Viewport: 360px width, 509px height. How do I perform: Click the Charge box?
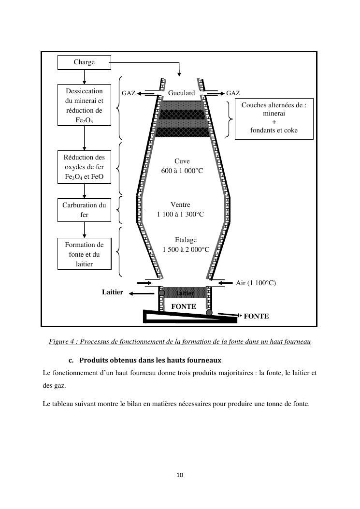tap(84, 62)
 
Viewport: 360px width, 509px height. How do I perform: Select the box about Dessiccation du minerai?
tap(84, 105)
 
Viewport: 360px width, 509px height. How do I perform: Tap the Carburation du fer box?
tap(84, 210)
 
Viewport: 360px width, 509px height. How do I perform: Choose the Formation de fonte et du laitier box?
tap(84, 254)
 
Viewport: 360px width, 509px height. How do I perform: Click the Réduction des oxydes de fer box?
tap(84, 167)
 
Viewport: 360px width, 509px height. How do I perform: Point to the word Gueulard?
tap(182, 93)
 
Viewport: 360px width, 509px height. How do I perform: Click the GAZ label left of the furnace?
tap(128, 93)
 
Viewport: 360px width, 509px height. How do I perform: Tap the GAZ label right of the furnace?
tap(233, 93)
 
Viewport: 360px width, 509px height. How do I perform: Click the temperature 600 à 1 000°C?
tap(182, 171)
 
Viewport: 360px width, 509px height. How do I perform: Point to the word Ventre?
tap(181, 205)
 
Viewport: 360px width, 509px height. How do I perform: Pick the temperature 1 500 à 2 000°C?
tap(186, 249)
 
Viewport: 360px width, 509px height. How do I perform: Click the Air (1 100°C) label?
tap(256, 283)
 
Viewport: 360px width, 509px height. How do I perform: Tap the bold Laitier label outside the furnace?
tap(113, 292)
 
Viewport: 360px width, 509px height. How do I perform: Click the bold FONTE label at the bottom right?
tap(256, 316)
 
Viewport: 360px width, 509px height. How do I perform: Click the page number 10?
tap(180, 475)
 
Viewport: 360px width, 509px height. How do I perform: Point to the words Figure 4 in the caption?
tap(62, 342)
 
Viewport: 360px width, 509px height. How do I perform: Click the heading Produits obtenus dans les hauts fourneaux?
tap(150, 360)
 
